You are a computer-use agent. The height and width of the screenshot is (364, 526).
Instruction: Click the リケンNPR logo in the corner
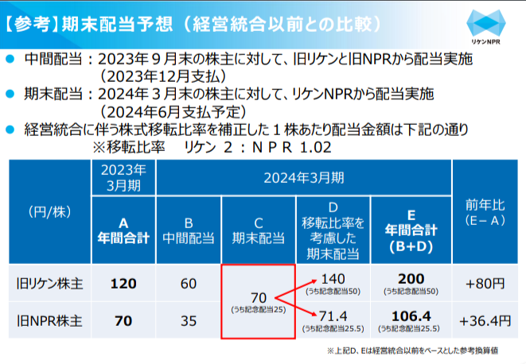pos(485,27)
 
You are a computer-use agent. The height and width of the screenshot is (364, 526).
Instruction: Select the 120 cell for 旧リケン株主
pos(123,283)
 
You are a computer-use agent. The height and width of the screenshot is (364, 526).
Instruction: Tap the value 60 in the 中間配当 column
pos(189,283)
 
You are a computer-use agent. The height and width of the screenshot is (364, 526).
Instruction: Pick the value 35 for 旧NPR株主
pos(189,321)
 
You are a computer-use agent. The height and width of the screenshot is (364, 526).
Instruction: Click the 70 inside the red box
pos(258,297)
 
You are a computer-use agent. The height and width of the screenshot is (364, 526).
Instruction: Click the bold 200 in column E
pos(411,279)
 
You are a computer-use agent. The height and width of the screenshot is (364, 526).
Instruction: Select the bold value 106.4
pos(411,316)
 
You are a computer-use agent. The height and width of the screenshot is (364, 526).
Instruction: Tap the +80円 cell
pos(485,283)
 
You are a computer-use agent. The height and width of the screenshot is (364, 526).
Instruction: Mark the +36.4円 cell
pos(485,321)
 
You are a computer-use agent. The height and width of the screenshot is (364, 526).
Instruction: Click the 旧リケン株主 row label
pos(50,283)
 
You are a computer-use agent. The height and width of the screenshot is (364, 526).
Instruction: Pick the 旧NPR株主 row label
pos(50,321)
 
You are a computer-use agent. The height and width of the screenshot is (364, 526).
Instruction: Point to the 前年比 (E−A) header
pos(485,211)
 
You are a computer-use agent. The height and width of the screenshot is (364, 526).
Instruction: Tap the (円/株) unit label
pos(50,211)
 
